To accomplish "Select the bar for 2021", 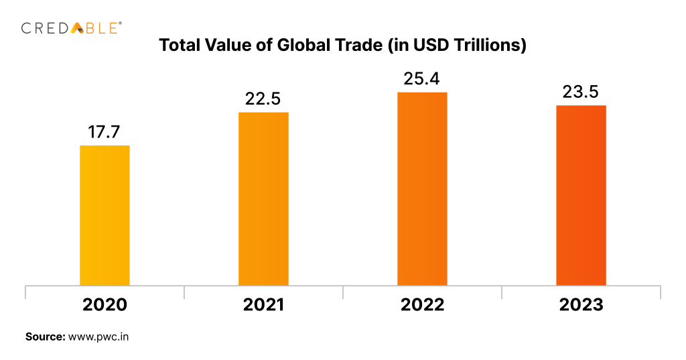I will tap(263, 198).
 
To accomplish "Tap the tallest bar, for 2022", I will tap(422, 188).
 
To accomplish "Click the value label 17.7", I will tap(105, 132).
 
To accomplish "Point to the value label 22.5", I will tap(263, 99).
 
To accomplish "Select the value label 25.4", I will tap(422, 78).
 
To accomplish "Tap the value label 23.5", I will tap(581, 92).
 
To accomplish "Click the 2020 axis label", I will tap(105, 304).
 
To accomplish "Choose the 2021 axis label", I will tap(263, 304).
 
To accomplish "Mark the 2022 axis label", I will tap(422, 304).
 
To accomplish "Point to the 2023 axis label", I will tap(581, 304).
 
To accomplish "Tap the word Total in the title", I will tap(179, 46).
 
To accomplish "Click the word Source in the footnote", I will tap(45, 337).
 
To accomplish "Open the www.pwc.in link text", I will tap(98, 337).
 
